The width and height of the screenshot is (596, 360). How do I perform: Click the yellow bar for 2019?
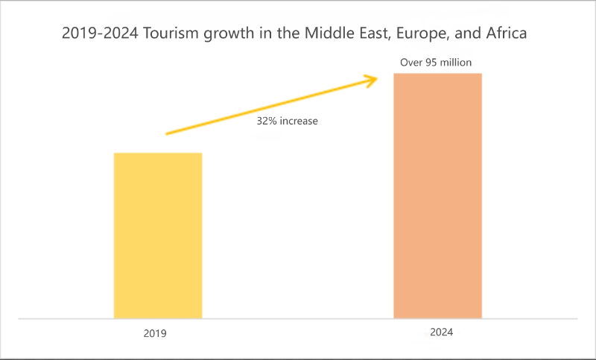pos(158,236)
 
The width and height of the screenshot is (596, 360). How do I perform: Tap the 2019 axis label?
pos(155,334)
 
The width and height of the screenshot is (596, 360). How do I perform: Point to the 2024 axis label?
pos(441,332)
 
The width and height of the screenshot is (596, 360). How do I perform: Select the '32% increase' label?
pos(288,120)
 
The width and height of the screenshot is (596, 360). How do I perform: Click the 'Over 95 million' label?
pos(436,63)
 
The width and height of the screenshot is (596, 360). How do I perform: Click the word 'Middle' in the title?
pos(325,34)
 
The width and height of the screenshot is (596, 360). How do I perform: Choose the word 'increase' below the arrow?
pos(299,120)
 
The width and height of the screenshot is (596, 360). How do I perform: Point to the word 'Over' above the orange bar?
pos(411,63)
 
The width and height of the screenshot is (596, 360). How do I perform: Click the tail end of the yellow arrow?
pos(167,134)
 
